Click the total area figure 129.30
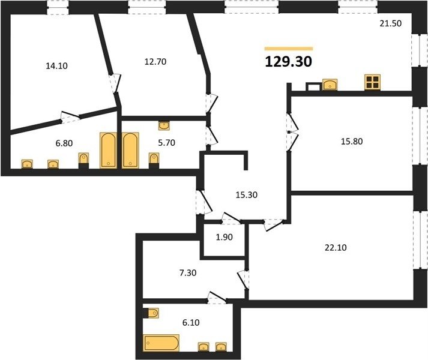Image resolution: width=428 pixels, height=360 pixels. click(x=288, y=62)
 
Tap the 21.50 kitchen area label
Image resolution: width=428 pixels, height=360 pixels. click(x=391, y=23)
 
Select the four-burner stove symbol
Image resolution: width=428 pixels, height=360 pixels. click(x=372, y=82)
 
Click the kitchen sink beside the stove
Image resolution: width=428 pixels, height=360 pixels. click(x=330, y=85)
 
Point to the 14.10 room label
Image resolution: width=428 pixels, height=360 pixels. click(x=56, y=66)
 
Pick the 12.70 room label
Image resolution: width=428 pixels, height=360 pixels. click(x=155, y=62)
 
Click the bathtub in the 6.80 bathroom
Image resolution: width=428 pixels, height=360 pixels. click(x=109, y=150)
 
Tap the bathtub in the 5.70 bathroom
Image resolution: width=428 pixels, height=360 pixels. click(x=130, y=150)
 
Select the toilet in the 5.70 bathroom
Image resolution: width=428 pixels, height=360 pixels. click(x=154, y=160)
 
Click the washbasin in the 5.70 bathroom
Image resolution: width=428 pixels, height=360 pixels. click(x=164, y=125)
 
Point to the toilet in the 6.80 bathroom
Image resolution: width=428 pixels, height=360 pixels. click(x=83, y=160)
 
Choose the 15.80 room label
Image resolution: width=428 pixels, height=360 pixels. click(x=352, y=142)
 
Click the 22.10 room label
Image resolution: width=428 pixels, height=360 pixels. click(x=336, y=248)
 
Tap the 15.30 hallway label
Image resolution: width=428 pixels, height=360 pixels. click(x=247, y=195)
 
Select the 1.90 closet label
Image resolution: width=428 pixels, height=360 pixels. click(x=225, y=237)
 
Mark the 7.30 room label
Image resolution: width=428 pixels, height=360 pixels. click(x=188, y=272)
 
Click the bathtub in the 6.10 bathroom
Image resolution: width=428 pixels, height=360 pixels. click(x=161, y=343)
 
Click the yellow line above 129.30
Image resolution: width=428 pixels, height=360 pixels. click(x=289, y=49)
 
